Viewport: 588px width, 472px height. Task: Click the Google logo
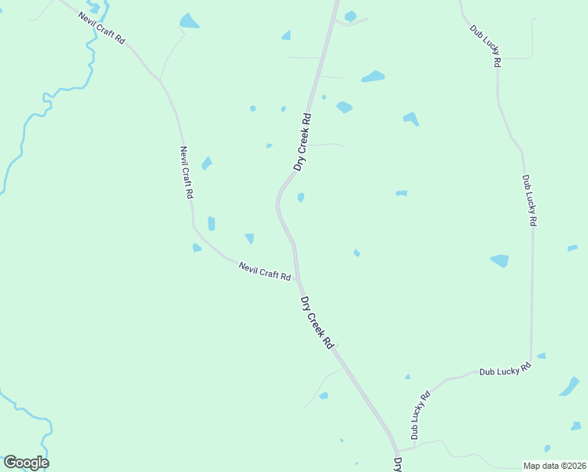click(26, 463)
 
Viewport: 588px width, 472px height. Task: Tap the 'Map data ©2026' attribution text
click(555, 466)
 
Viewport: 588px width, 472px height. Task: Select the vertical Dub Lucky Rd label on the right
click(528, 201)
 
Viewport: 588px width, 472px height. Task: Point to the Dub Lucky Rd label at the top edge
click(486, 46)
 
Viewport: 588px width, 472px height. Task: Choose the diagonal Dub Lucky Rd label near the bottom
click(421, 415)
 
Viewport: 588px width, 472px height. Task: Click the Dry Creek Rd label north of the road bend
click(303, 142)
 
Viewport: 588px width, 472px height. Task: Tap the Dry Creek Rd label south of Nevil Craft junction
click(317, 323)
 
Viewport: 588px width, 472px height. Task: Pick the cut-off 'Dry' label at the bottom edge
click(398, 464)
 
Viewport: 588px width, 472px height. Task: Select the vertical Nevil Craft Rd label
click(186, 172)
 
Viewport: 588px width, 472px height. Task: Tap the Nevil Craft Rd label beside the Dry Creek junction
click(265, 272)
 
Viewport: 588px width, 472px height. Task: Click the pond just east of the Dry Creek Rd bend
click(301, 197)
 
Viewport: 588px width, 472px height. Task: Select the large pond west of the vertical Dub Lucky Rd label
click(500, 260)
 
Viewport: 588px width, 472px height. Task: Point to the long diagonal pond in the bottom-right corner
click(569, 387)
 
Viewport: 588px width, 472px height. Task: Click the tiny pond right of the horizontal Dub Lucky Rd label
click(542, 356)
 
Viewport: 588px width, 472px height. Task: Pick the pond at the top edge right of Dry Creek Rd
click(350, 16)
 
